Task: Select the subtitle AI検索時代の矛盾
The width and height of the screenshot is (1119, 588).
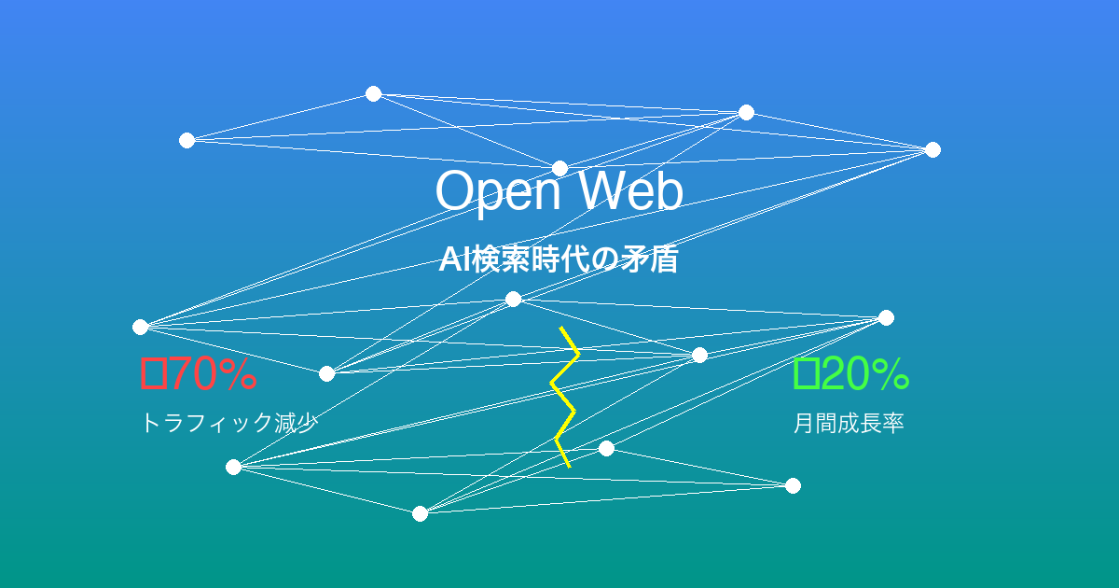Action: tap(559, 260)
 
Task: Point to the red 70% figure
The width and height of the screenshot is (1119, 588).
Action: tap(199, 374)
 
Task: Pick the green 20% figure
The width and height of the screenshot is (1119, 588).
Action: tap(851, 374)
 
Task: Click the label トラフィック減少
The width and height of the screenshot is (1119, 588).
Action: tap(229, 424)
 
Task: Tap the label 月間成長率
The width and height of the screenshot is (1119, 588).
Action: tap(849, 424)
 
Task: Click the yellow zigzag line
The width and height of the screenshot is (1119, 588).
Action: tap(565, 397)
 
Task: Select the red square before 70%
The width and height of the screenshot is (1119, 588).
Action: tap(153, 374)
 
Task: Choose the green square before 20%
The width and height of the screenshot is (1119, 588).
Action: tap(806, 374)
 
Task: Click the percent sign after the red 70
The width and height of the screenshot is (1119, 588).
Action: tap(238, 374)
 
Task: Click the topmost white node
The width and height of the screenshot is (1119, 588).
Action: tap(373, 93)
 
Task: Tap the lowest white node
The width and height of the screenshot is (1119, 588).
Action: tap(420, 513)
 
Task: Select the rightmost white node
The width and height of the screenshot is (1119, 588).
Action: tap(932, 149)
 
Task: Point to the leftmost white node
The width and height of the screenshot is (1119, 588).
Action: tap(140, 327)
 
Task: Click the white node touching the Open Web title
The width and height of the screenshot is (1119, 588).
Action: tap(559, 168)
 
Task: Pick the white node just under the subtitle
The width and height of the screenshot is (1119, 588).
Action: tap(513, 299)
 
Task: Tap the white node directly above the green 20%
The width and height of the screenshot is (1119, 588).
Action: tap(886, 317)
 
